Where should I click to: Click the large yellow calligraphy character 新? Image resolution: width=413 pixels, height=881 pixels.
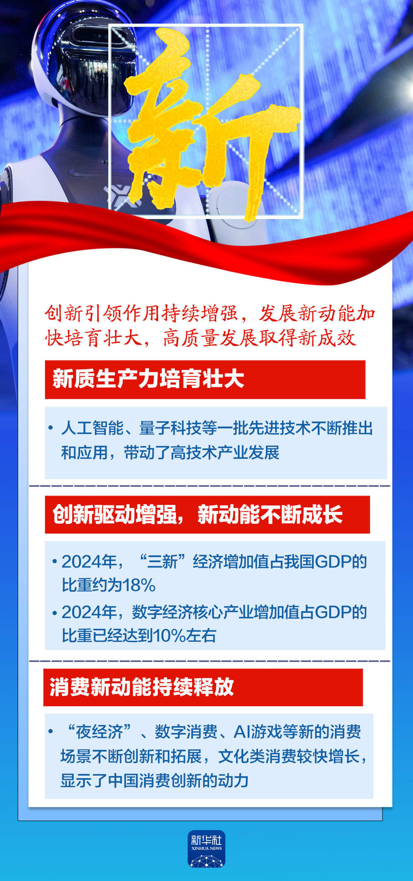(206, 124)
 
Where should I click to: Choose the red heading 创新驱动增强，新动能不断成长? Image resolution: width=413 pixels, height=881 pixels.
(197, 514)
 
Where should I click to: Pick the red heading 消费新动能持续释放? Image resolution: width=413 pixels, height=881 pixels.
(142, 687)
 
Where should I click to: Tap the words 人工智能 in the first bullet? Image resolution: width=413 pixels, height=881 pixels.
(92, 428)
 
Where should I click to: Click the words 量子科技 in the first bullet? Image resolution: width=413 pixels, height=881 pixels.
(170, 428)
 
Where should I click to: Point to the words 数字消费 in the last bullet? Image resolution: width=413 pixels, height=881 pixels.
(186, 732)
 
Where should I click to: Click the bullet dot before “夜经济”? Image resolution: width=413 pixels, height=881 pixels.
(51, 732)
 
